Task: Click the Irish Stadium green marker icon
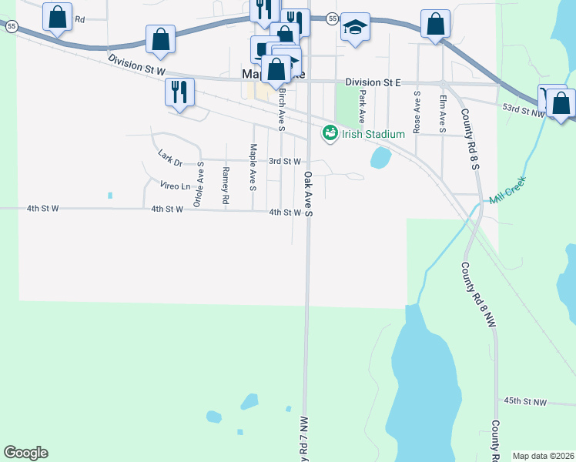[330, 133]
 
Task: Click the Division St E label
[373, 82]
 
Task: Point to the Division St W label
[137, 65]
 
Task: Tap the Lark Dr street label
[169, 158]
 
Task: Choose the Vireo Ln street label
[175, 186]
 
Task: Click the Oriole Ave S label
[199, 184]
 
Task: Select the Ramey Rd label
[226, 185]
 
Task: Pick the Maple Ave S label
[253, 166]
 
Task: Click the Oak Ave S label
[308, 194]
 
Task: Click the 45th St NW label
[524, 402]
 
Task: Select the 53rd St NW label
[523, 111]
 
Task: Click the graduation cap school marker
[355, 28]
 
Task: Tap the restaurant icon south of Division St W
[179, 92]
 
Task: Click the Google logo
[25, 453]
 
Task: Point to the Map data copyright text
[544, 456]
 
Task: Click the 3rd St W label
[284, 161]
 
